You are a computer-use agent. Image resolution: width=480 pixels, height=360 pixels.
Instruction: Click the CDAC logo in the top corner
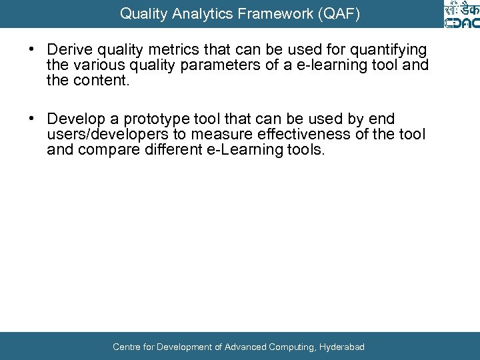461,15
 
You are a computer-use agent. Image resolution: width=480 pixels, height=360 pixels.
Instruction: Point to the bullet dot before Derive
31,50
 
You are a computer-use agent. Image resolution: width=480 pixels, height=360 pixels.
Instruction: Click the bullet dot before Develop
31,119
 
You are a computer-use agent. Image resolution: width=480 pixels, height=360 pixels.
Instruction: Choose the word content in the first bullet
95,81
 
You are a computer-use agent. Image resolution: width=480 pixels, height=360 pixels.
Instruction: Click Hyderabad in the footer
342,347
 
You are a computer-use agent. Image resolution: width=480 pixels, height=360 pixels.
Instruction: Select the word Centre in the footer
127,347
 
